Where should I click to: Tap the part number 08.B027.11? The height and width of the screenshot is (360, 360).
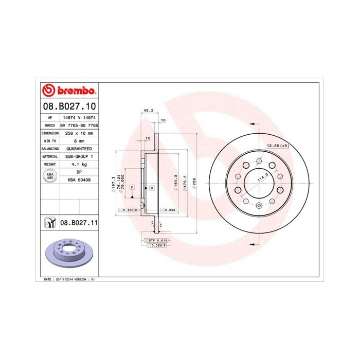point(79,223)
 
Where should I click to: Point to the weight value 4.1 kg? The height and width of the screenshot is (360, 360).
point(79,164)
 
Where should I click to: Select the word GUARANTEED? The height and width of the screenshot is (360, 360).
point(79,149)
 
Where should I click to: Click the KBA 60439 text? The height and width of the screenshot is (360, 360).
point(79,179)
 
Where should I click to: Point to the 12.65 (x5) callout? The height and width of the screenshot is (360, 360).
point(278,146)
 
